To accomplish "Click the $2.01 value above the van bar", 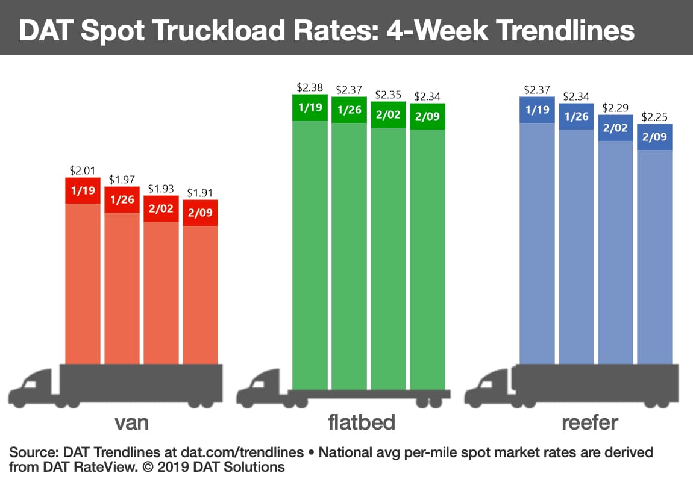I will coord(83,171).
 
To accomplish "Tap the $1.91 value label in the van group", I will coord(200,193).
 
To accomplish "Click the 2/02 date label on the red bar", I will coord(161,208).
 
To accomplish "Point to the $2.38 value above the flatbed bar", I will coord(310,87).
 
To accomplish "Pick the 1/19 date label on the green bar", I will coord(310,108).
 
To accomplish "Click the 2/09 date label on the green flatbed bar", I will coord(427,116).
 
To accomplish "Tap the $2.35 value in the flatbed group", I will coord(388,95).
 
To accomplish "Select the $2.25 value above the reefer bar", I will coord(654,117).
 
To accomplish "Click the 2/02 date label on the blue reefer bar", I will coord(615,128).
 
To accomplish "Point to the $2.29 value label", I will coord(615,108).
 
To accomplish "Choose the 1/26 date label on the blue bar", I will coord(576,117).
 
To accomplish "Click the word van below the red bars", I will coord(131,422).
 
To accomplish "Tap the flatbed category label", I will coord(362,422).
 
